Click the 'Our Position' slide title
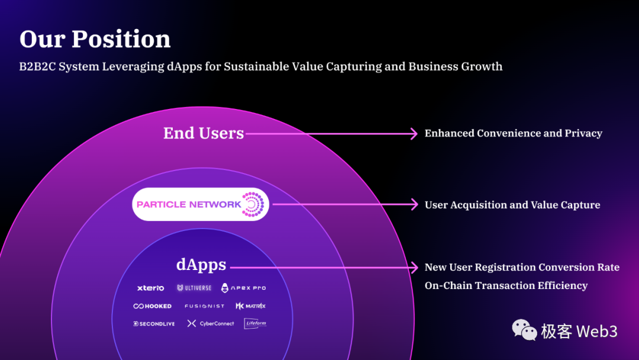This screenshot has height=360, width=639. [x=95, y=40]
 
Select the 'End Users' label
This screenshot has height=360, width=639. [x=204, y=133]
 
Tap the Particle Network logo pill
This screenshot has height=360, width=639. [x=201, y=204]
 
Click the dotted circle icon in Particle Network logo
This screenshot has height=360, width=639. [x=253, y=204]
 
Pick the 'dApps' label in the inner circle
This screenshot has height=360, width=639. [x=201, y=265]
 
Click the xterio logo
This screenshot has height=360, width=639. [x=150, y=288]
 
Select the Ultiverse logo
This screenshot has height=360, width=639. [x=194, y=288]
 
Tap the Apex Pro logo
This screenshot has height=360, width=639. [x=243, y=288]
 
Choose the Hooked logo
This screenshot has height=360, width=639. [x=153, y=306]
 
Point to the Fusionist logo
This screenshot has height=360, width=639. [x=204, y=306]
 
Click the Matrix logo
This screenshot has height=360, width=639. [x=251, y=306]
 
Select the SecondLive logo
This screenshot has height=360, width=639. [x=154, y=324]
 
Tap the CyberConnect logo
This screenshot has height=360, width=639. [x=211, y=324]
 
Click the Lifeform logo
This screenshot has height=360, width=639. [x=255, y=323]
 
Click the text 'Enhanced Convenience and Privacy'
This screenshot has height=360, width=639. [x=513, y=133]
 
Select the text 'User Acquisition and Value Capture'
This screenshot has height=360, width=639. [x=512, y=205]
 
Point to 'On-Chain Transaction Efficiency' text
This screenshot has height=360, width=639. [x=506, y=285]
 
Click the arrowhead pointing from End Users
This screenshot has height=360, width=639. [x=414, y=134]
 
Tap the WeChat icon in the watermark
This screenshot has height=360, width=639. [x=524, y=330]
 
